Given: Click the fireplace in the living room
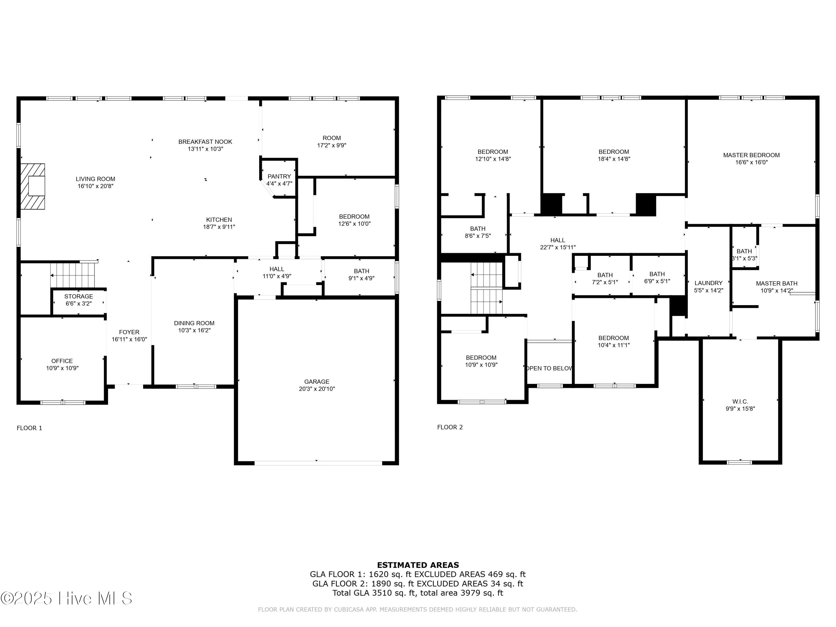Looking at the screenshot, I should (x=33, y=186).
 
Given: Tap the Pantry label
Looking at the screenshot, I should (x=279, y=176).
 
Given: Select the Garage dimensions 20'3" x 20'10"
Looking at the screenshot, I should (x=317, y=388).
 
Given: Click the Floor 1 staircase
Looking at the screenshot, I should (x=72, y=274).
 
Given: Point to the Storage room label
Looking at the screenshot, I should (x=78, y=296).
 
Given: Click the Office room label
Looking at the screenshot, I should (x=62, y=361).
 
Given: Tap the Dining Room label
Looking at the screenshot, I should (x=194, y=323).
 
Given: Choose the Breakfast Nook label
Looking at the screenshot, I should (x=205, y=142).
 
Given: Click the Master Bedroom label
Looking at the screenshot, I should (x=751, y=155).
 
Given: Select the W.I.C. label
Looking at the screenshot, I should (x=740, y=401).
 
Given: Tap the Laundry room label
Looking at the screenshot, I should (x=708, y=283).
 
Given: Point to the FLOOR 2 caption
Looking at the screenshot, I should (x=450, y=427).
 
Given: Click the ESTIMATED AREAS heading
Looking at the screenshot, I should (x=418, y=565).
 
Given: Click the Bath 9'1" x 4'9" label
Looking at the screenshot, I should (x=361, y=271).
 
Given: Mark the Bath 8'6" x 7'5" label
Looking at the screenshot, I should (x=477, y=229).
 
